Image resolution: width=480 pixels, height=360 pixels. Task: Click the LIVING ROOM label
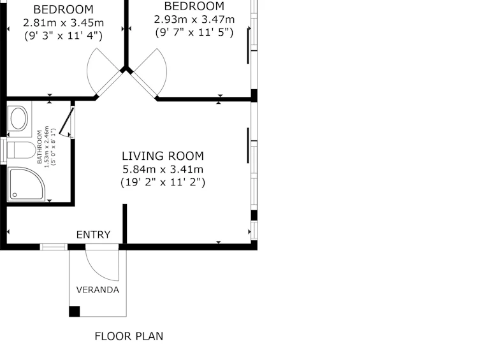163,156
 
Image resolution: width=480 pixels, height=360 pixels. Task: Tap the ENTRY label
93,234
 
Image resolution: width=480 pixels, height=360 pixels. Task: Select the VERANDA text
98,290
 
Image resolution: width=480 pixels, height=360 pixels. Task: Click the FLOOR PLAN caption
129,336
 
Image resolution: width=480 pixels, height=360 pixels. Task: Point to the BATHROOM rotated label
40,147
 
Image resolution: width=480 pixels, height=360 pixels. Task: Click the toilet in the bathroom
21,150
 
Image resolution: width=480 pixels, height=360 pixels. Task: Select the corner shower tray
26,184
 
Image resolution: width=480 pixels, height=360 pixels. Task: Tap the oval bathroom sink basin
19,118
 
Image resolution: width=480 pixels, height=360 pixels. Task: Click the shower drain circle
15,195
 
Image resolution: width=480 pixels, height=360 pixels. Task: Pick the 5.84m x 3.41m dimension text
163,169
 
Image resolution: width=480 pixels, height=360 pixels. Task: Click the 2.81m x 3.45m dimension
63,23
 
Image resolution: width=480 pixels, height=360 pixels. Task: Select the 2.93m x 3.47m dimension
194,19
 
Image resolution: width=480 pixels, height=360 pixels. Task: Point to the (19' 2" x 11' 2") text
163,182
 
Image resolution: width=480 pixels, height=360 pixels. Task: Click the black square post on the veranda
75,312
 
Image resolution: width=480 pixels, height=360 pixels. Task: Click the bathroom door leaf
66,121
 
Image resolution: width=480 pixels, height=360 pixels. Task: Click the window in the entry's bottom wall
54,247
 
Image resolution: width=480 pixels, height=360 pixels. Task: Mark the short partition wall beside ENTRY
124,224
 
